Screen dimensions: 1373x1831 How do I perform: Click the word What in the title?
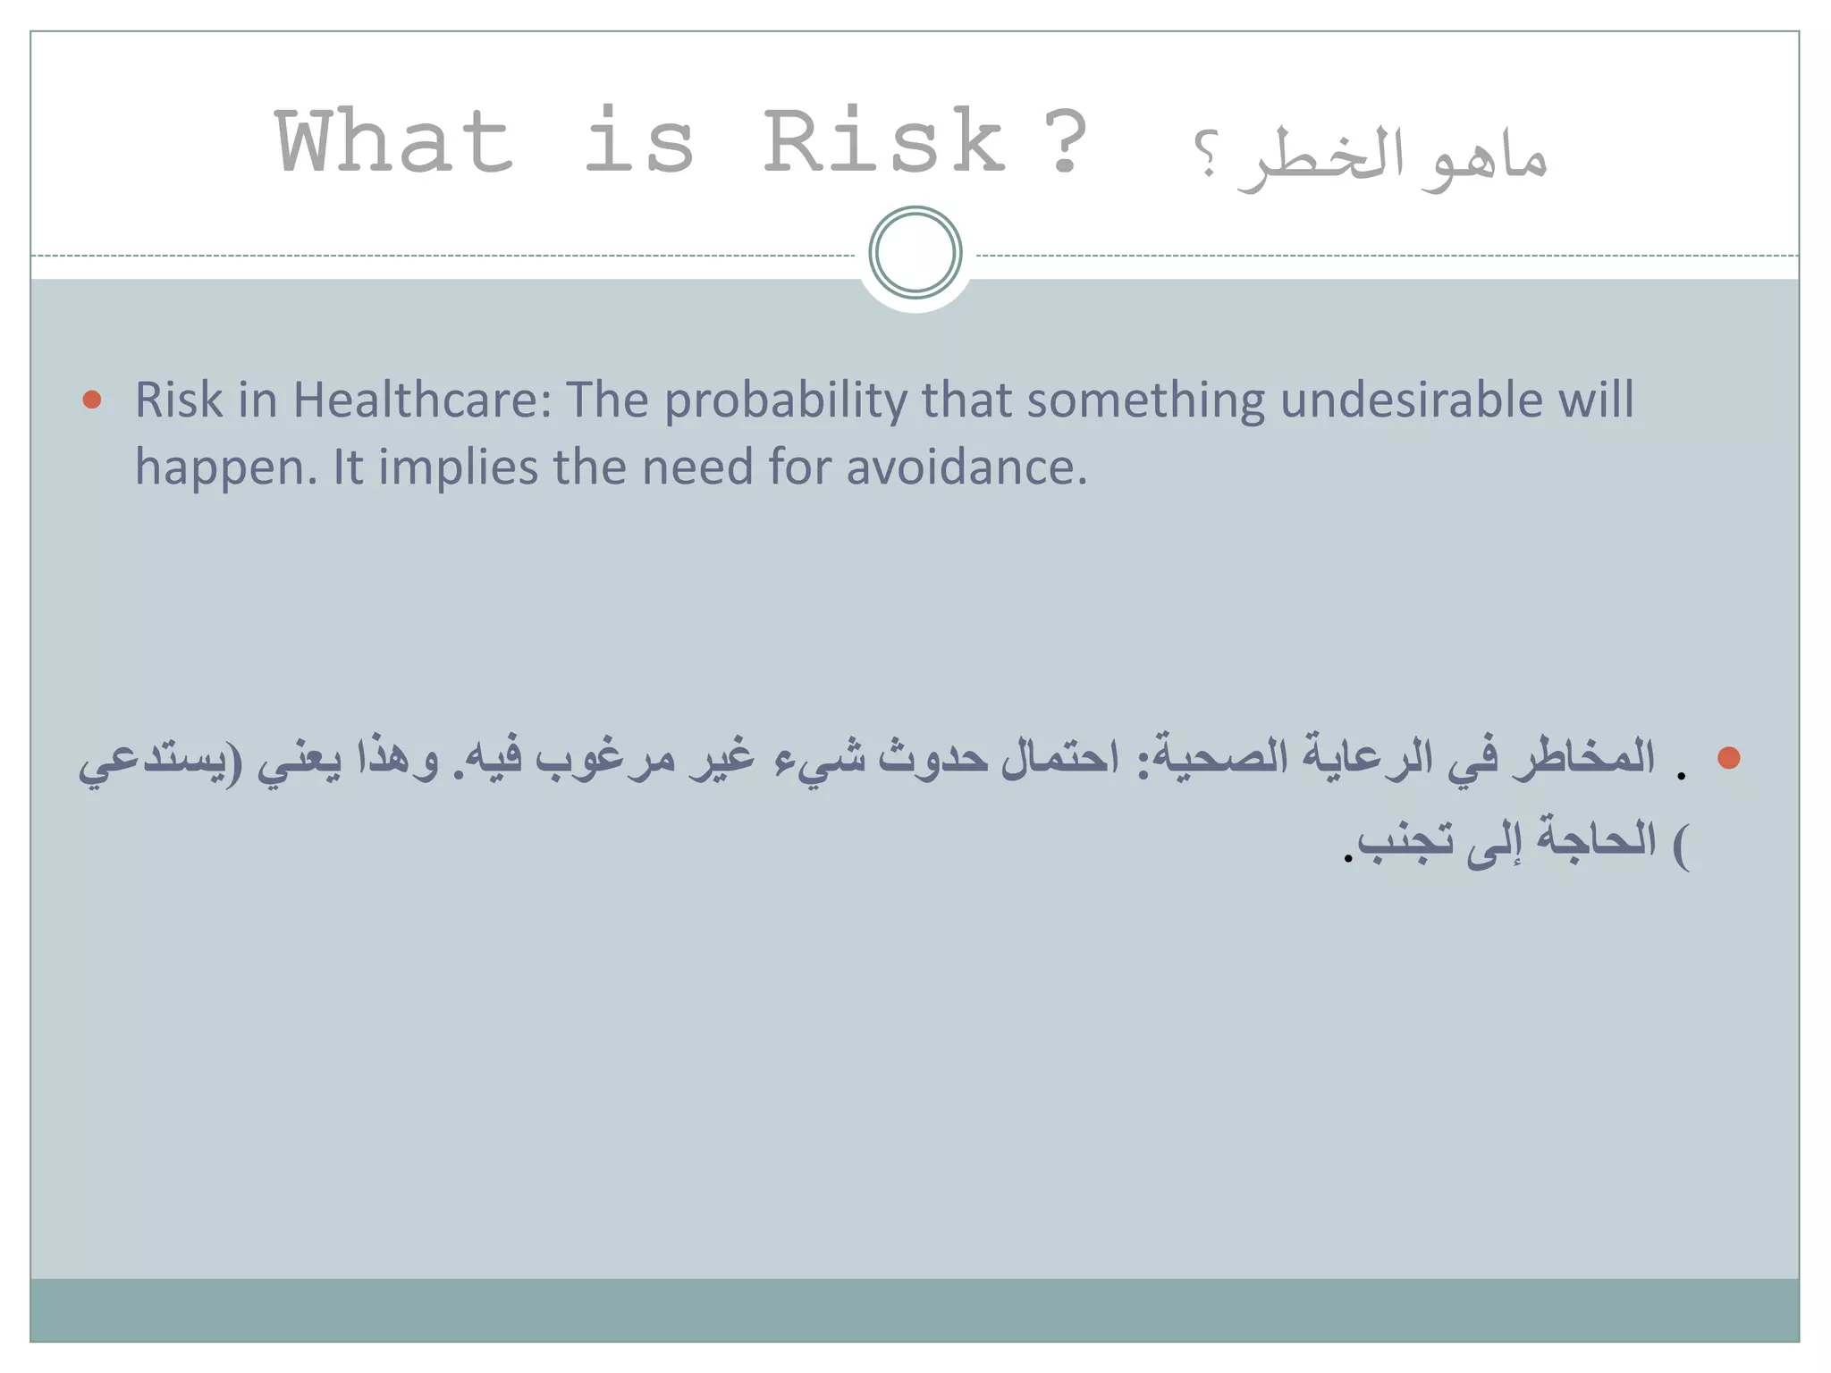[394, 143]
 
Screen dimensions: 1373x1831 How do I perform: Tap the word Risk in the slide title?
[884, 143]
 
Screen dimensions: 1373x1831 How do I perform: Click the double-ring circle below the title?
[915, 253]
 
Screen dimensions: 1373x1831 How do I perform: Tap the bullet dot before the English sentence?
[91, 399]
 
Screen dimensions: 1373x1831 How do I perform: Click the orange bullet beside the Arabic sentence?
[1728, 758]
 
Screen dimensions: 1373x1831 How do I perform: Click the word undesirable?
[1411, 400]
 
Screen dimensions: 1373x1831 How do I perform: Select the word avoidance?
[966, 467]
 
